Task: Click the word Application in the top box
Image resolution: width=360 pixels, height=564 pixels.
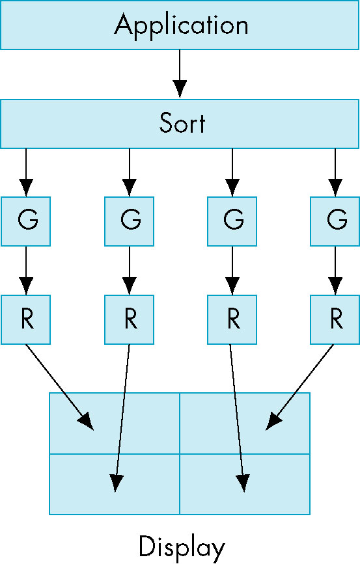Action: click(x=182, y=25)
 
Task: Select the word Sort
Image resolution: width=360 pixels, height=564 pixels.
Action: click(x=182, y=123)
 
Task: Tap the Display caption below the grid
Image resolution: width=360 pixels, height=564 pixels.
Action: click(x=182, y=547)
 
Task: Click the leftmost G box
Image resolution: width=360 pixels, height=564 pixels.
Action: click(x=25, y=221)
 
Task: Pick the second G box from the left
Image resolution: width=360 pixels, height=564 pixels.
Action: click(x=130, y=221)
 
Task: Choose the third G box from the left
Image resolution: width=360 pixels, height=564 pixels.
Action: click(x=232, y=221)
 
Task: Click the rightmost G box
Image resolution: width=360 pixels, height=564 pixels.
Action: click(x=335, y=221)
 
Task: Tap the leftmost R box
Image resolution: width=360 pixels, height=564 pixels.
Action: click(x=25, y=320)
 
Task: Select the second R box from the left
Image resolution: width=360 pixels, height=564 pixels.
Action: click(x=130, y=320)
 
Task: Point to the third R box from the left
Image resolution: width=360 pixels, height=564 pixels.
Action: click(x=232, y=320)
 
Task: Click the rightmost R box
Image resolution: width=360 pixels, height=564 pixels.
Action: click(x=335, y=320)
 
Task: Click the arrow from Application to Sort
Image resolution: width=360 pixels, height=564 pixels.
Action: click(x=180, y=74)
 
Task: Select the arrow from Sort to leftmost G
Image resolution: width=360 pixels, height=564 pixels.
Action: click(x=26, y=172)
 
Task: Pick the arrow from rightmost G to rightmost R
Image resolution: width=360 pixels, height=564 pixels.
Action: click(x=335, y=271)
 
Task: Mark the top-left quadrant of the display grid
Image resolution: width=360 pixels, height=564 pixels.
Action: click(x=115, y=423)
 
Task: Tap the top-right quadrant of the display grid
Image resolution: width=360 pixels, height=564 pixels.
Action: click(x=245, y=423)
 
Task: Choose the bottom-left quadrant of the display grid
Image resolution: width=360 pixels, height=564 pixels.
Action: click(x=115, y=484)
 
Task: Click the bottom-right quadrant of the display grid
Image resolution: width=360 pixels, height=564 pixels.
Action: click(x=245, y=484)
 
